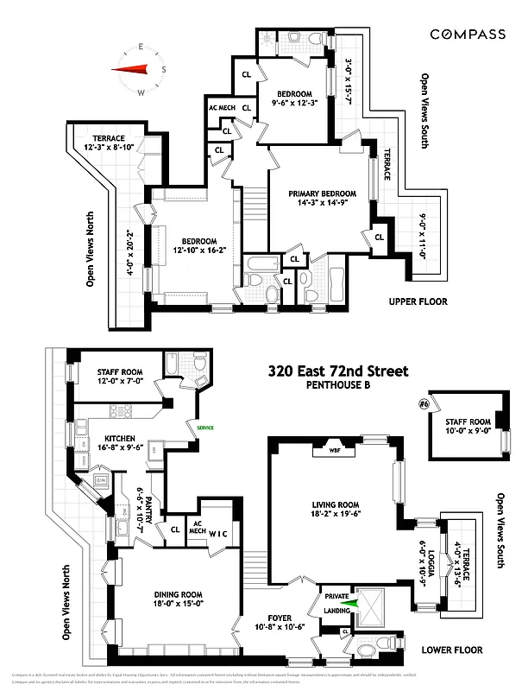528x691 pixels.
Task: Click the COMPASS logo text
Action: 468,34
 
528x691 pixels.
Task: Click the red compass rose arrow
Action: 131,69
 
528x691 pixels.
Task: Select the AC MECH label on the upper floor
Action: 222,108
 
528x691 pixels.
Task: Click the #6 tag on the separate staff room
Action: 424,403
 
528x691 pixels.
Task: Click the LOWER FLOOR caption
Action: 452,650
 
